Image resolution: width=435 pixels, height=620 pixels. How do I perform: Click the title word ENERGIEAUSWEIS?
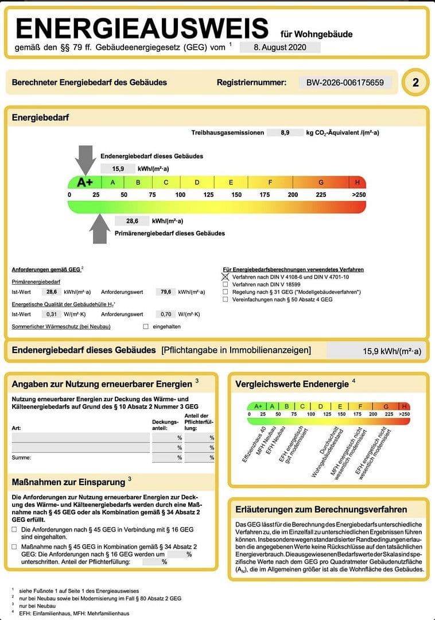coord(142,29)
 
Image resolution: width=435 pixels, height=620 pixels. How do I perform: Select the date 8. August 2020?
coord(279,48)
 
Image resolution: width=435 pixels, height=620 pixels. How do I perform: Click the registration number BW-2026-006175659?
coord(345,83)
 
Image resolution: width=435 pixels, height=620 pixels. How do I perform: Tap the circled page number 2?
coord(415,83)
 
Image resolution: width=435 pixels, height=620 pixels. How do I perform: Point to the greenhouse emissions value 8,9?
coord(285,133)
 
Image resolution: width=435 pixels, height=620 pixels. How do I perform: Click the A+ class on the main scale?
coord(85,183)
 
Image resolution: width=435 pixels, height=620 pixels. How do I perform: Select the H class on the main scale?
coord(358,183)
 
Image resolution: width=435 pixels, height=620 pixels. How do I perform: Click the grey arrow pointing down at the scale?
coord(86,158)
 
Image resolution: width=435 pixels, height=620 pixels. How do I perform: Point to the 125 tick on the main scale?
coord(208,195)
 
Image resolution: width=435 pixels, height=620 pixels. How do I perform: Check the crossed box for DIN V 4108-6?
coord(226,277)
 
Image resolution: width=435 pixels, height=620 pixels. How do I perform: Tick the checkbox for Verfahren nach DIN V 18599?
coord(226,284)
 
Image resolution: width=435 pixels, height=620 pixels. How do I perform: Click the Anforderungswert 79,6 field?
coord(166,292)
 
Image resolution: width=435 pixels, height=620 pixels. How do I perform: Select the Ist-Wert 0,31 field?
coord(52,314)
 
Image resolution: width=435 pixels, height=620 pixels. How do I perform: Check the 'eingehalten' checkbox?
coord(146,327)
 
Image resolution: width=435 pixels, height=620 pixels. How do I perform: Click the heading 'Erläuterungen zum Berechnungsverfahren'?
coord(321,509)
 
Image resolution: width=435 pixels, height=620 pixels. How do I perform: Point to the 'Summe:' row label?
coord(21,458)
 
